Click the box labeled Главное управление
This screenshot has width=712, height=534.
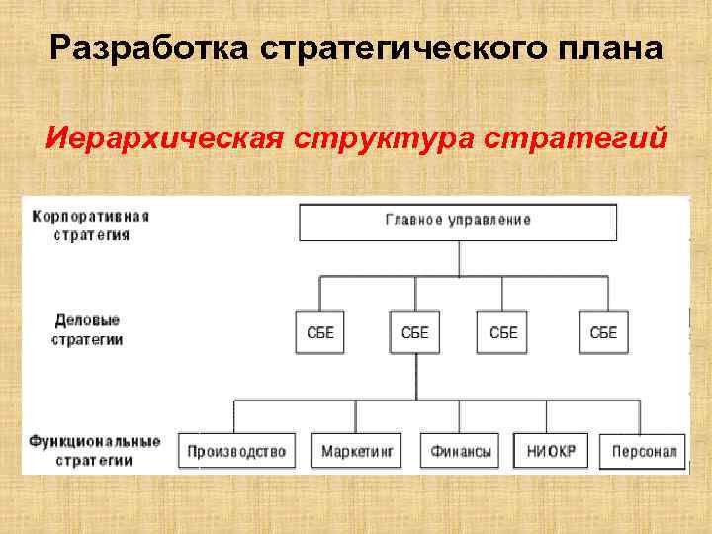[458, 222]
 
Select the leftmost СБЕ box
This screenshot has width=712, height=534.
[320, 333]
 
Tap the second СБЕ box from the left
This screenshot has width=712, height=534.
[415, 333]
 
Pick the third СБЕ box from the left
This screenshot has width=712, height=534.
[503, 333]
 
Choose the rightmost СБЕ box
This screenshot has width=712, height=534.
[603, 333]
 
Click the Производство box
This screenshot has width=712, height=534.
[237, 451]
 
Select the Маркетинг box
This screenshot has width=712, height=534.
[357, 451]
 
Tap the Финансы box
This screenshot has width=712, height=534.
[461, 451]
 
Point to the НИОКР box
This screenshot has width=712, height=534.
[551, 451]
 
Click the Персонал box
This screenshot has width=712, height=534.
[644, 451]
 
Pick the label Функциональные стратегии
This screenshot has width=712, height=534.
[94, 450]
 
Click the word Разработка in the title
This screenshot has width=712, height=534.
[130, 46]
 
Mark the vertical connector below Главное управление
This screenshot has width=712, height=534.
[459, 259]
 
